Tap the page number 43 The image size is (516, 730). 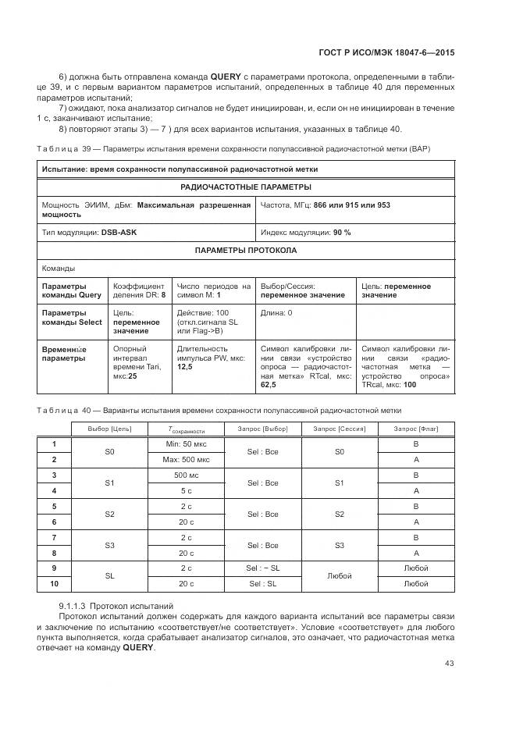coord(450,664)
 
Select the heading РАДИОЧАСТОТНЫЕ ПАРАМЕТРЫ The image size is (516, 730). coord(245,187)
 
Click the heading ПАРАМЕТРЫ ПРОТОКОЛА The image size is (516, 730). coord(245,251)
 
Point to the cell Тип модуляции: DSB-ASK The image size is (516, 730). coord(89,233)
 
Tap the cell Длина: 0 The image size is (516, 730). coord(276,313)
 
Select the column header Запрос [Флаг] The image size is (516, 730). coord(415,429)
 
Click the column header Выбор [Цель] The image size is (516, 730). coord(109,429)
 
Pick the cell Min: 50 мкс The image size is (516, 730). coord(185,444)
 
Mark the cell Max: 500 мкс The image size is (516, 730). coord(185,460)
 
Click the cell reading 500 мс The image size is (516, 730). coord(185,475)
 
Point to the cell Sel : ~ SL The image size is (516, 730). coord(263,568)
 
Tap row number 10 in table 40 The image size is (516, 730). coord(54,584)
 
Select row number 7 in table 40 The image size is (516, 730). coord(54,538)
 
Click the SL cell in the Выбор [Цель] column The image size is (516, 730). coord(109,576)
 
